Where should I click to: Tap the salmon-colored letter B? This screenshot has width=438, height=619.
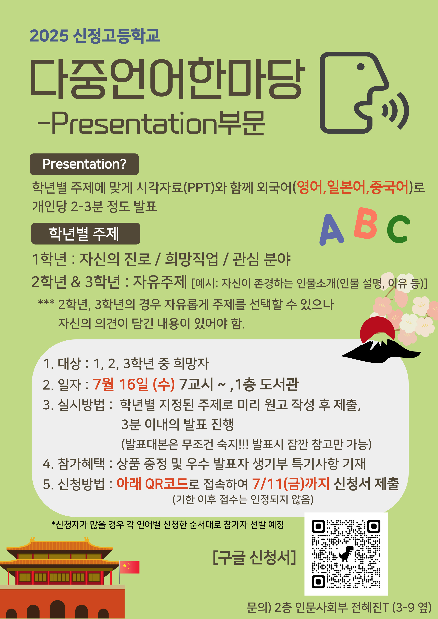pos(366,224)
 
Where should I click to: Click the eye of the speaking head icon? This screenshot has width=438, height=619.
pos(360,67)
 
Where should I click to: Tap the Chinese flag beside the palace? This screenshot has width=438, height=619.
pos(129,567)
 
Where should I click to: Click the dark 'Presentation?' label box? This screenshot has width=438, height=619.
pos(84,164)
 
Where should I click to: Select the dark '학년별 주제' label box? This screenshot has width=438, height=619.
pos(85,233)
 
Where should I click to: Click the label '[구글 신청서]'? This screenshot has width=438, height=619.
pos(254,557)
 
